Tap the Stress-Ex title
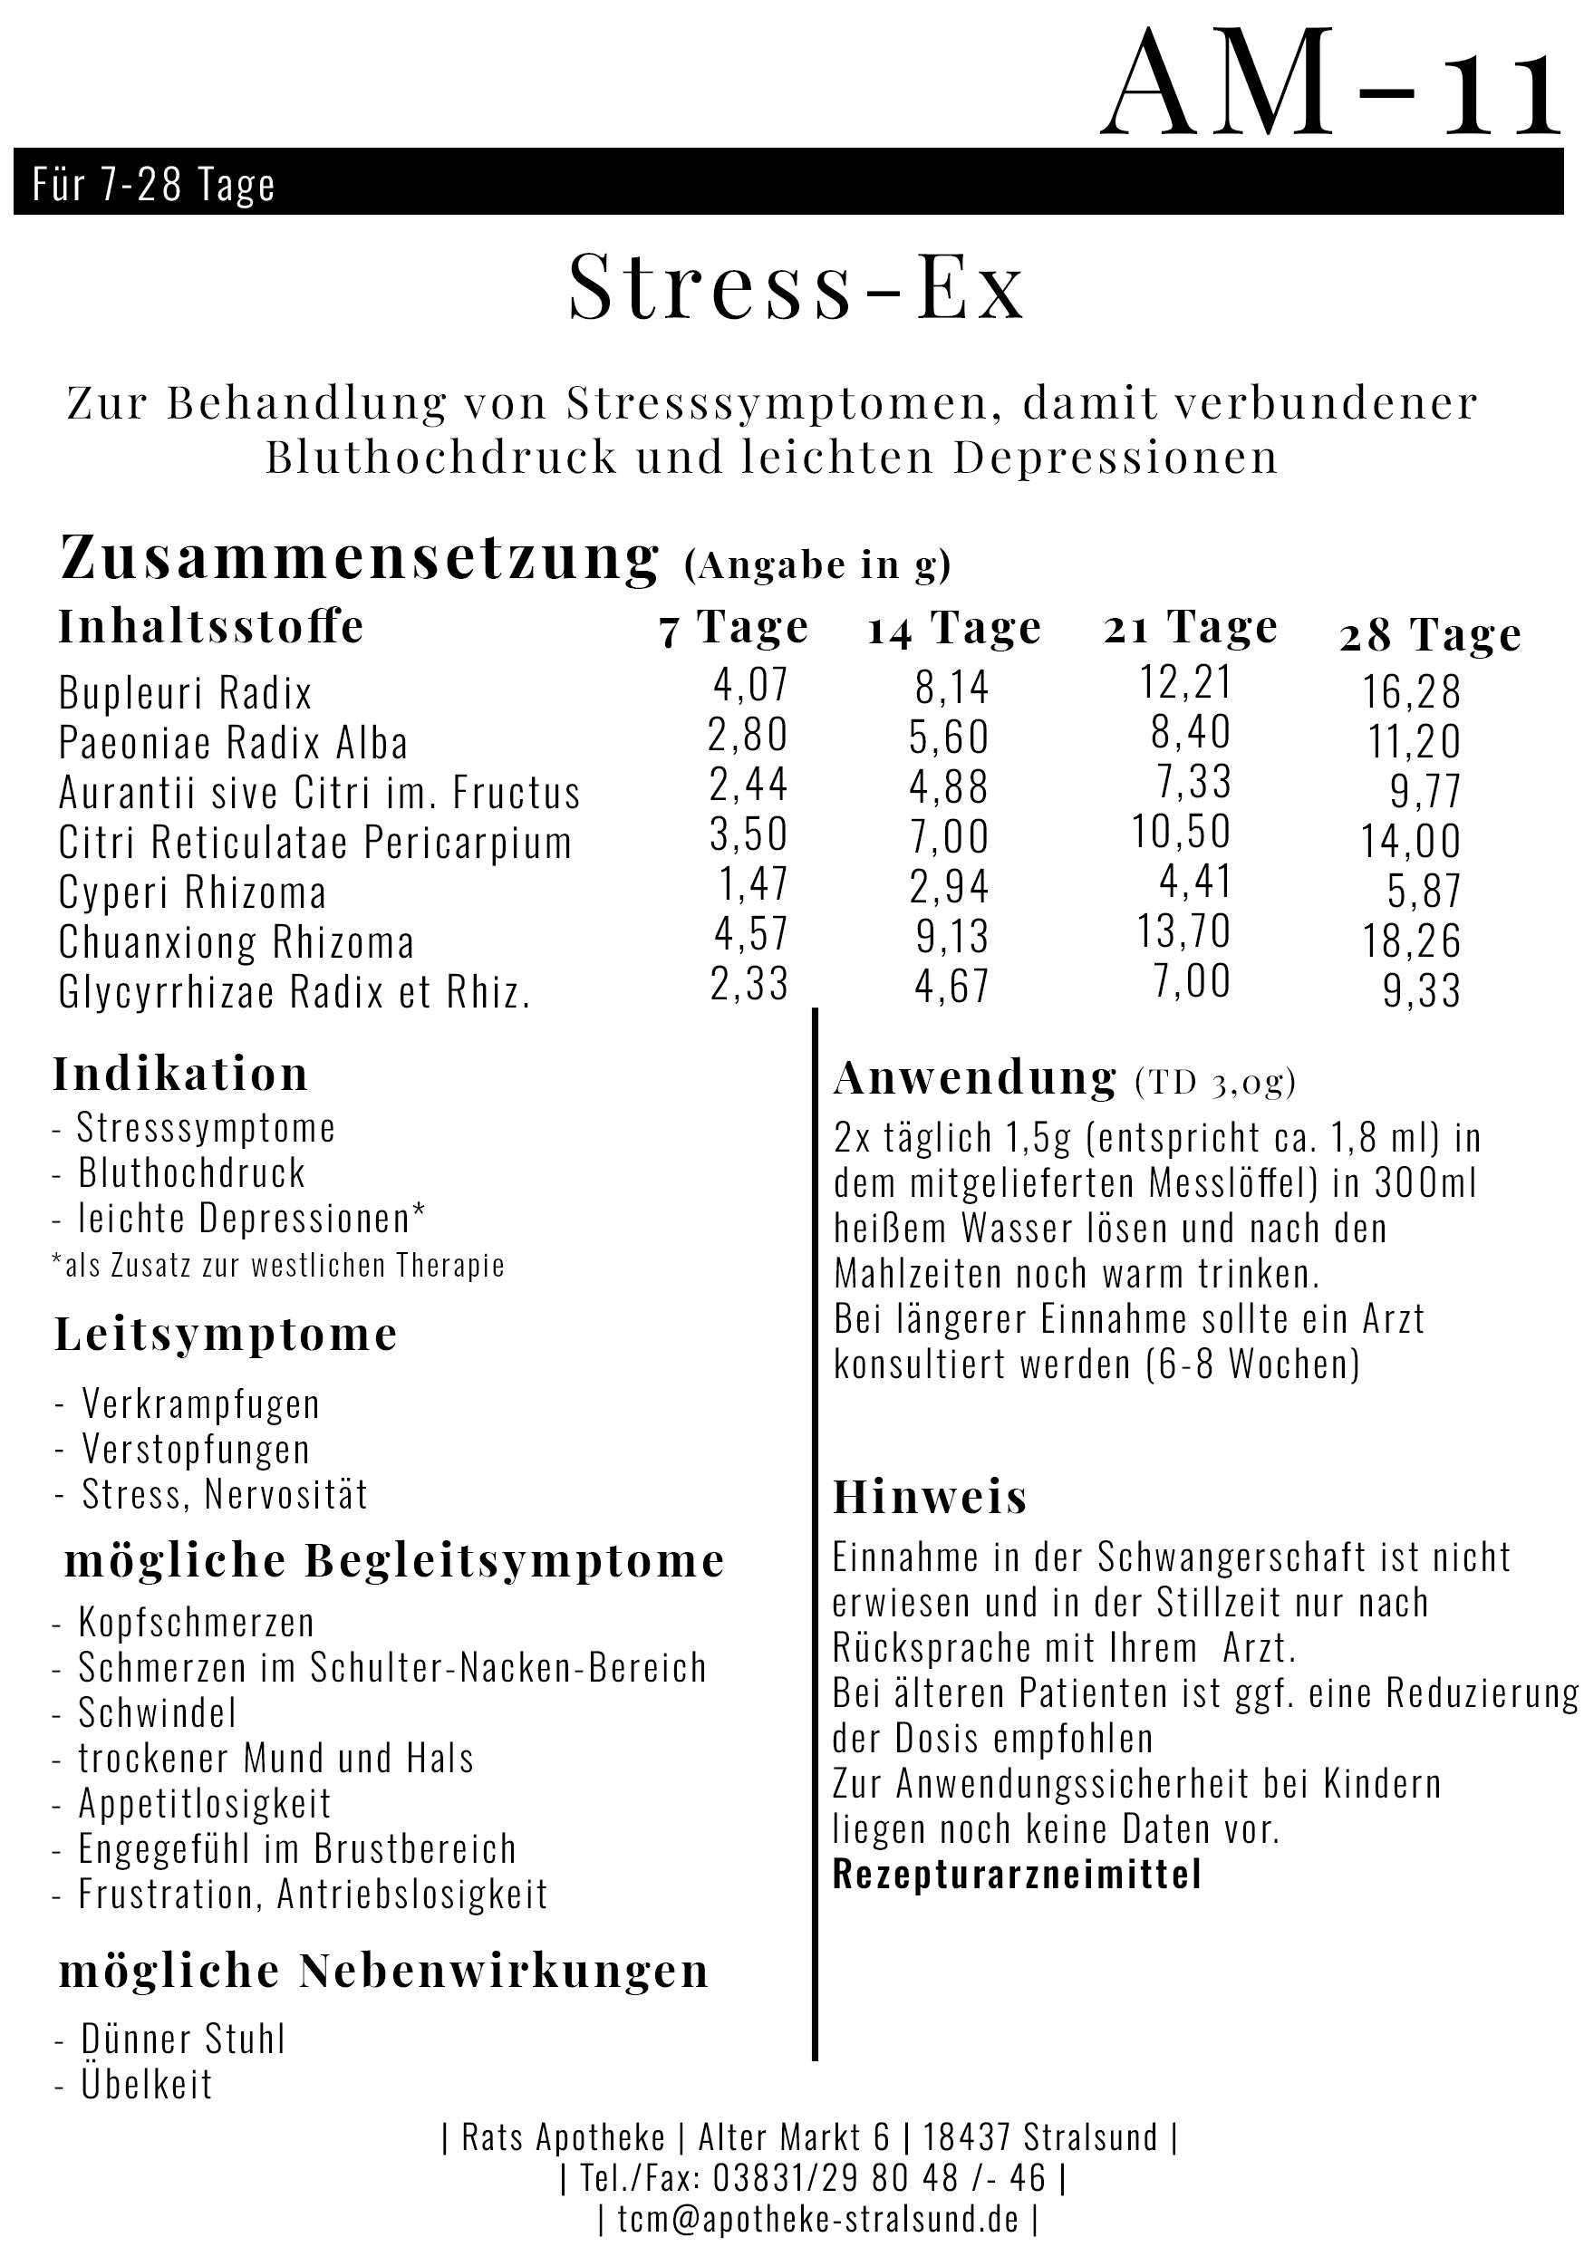coord(796,285)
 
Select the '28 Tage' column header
coord(1429,635)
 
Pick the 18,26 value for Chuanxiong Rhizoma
coord(1412,940)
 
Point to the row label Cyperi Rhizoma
coord(192,892)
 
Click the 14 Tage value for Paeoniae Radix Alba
coord(949,737)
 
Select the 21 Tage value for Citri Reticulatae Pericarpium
coord(1182,832)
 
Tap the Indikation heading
coord(180,1074)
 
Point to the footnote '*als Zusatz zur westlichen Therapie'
coord(278,1266)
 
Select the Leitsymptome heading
coord(225,1334)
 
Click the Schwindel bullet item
coord(158,1712)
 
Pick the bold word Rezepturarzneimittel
coord(1016,1874)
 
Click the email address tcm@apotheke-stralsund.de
coord(818,2219)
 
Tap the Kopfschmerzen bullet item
coord(196,1623)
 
